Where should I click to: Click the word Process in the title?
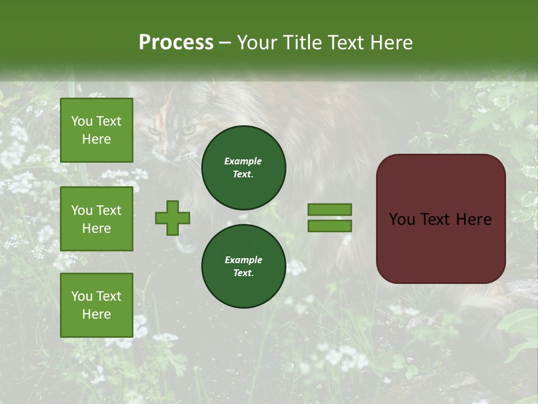click(x=176, y=43)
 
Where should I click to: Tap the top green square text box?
click(x=96, y=130)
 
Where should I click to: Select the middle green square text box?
click(x=96, y=219)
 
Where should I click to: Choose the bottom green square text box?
click(x=96, y=305)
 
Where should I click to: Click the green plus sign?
click(x=173, y=218)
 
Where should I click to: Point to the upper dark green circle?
click(x=243, y=168)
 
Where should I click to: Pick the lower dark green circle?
click(x=243, y=267)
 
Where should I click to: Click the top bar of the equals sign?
click(x=330, y=210)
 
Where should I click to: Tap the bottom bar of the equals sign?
click(x=330, y=226)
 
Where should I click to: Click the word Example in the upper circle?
click(x=243, y=161)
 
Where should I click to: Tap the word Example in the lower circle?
click(x=243, y=260)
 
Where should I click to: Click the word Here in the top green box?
click(x=96, y=139)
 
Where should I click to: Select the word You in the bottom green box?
click(x=82, y=296)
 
